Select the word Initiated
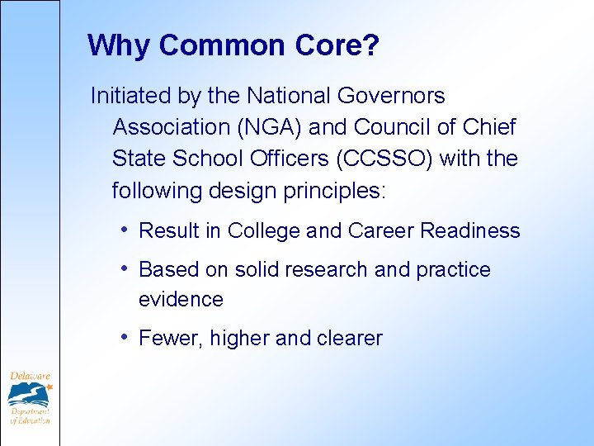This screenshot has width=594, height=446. click(130, 97)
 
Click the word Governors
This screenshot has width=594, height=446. click(391, 97)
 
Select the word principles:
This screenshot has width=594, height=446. click(334, 191)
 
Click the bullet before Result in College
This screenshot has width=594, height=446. click(123, 229)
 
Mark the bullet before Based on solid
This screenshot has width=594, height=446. click(123, 268)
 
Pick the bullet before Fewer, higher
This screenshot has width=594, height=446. click(123, 336)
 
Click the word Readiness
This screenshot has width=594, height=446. click(470, 231)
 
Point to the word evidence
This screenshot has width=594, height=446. click(181, 299)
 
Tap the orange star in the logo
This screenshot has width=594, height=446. click(49, 386)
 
